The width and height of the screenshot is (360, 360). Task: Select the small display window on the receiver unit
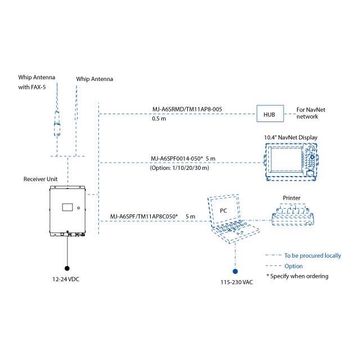click(x=67, y=206)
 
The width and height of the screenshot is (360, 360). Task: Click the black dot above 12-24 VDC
click(x=68, y=268)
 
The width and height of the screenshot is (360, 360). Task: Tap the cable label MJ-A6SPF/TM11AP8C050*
click(x=143, y=216)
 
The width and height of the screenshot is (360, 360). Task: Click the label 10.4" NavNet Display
click(x=291, y=137)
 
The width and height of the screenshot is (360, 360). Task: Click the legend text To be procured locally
click(x=312, y=255)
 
